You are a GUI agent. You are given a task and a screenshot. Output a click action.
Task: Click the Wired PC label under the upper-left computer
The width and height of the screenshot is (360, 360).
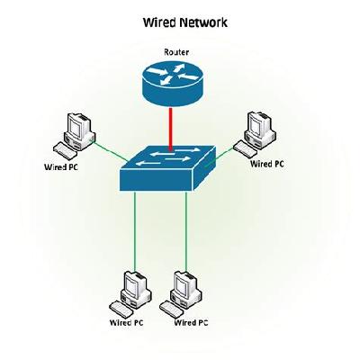click(62, 166)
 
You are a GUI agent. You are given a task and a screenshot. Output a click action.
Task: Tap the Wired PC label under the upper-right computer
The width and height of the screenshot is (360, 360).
click(267, 165)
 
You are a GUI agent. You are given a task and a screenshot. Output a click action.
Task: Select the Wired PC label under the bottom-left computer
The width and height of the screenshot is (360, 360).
click(127, 322)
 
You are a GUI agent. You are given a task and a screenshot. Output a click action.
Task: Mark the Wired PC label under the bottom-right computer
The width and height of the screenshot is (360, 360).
click(191, 322)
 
